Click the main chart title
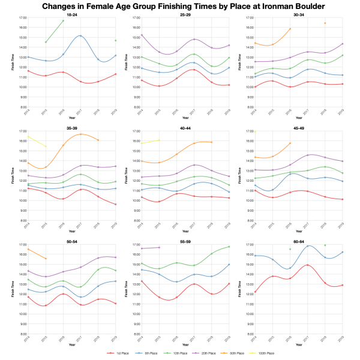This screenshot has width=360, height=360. click(180, 6)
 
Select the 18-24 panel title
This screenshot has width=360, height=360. click(71, 15)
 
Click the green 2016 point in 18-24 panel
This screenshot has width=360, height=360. click(63, 21)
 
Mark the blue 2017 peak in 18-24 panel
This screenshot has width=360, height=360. click(80, 36)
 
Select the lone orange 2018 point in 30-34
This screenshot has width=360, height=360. click(325, 23)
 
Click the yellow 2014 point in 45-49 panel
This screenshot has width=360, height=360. click(255, 131)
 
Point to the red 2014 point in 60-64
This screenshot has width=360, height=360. click(255, 292)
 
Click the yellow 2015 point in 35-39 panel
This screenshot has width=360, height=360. click(46, 146)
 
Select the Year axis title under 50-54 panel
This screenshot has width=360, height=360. click(71, 345)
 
